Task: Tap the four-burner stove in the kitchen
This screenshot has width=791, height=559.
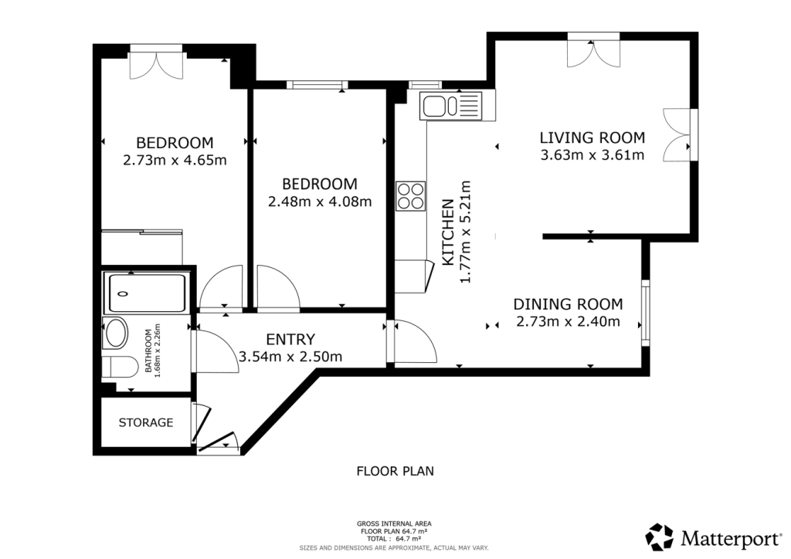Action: pyautogui.click(x=410, y=195)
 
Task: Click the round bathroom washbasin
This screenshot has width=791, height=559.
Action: pyautogui.click(x=117, y=334)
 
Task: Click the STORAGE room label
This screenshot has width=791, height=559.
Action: pyautogui.click(x=145, y=423)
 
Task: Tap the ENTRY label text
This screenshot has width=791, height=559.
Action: pyautogui.click(x=290, y=339)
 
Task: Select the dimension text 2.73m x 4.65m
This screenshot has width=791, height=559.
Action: pyautogui.click(x=175, y=161)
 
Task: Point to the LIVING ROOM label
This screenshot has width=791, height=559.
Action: pyautogui.click(x=592, y=138)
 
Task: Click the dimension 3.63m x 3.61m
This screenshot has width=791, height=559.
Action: pyautogui.click(x=592, y=155)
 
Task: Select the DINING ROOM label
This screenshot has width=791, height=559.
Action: pyautogui.click(x=568, y=304)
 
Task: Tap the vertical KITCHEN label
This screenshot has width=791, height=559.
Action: pyautogui.click(x=448, y=232)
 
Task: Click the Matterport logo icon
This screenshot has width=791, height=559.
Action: pyautogui.click(x=660, y=537)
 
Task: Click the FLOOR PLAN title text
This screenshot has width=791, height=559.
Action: pyautogui.click(x=395, y=470)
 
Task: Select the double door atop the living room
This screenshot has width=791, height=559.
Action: pyautogui.click(x=592, y=50)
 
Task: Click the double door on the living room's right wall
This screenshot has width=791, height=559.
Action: pyautogui.click(x=680, y=135)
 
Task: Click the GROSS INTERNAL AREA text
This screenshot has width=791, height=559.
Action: pyautogui.click(x=395, y=523)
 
